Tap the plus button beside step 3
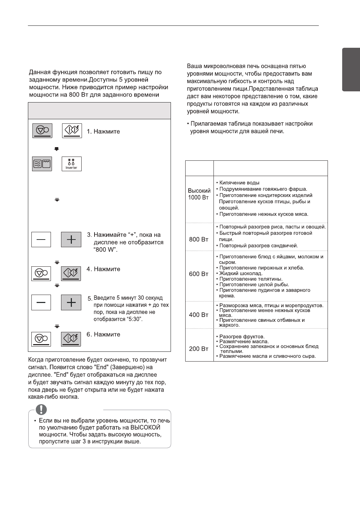(71, 240)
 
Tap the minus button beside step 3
(41, 240)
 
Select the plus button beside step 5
(71, 302)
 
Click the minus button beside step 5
(41, 302)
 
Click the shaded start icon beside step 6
(71, 339)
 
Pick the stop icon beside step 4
(41, 273)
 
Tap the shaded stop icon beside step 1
(42, 131)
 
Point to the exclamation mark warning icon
(42, 409)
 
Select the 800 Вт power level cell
(199, 240)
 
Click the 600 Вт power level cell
(199, 274)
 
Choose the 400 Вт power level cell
(199, 315)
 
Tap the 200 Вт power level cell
(199, 349)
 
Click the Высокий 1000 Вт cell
(199, 194)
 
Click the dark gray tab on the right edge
(351, 70)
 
